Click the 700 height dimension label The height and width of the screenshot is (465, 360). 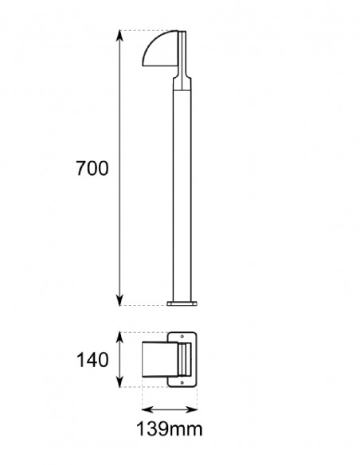point(92,169)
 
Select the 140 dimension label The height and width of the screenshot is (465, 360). point(92,360)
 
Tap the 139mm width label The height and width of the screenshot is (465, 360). point(170,431)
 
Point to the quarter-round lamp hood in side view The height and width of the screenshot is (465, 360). point(162,50)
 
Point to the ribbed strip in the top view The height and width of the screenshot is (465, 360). point(186,360)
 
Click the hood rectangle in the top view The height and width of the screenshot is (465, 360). point(160,360)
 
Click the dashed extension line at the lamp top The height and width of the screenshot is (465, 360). point(147,31)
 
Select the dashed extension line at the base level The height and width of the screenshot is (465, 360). point(143,305)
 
